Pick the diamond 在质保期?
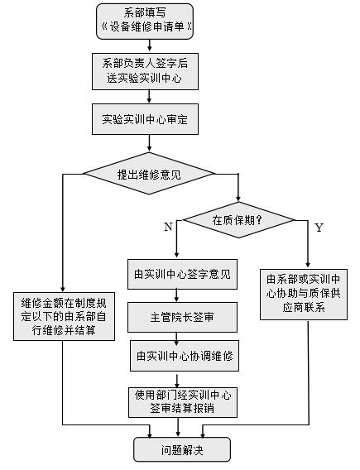[x=238, y=219]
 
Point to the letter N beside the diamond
[x=168, y=227]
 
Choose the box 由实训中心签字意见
[x=182, y=274]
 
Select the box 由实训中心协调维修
[x=182, y=357]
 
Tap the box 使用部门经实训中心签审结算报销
[x=182, y=401]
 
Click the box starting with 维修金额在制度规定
[x=63, y=315]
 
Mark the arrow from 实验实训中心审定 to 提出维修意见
[x=149, y=143]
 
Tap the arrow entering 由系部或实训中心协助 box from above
[x=309, y=252]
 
